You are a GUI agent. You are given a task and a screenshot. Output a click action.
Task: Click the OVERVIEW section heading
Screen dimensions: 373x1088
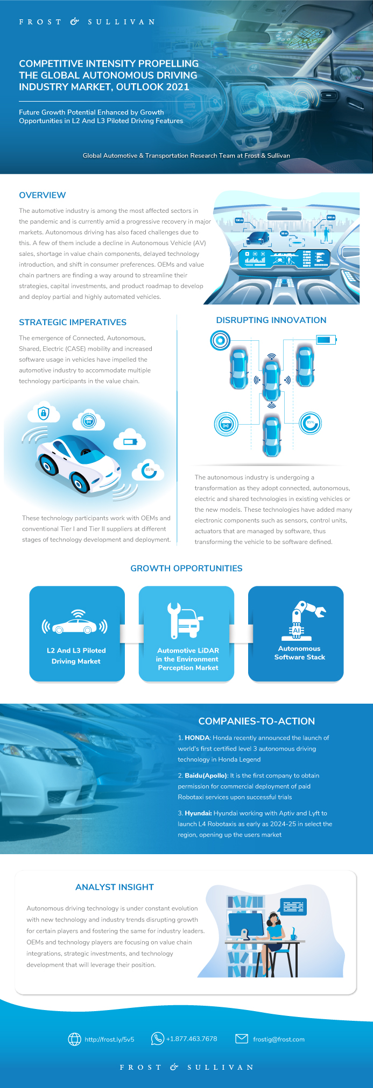coord(43,195)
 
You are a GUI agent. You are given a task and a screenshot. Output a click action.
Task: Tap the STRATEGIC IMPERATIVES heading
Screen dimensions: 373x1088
coord(73,323)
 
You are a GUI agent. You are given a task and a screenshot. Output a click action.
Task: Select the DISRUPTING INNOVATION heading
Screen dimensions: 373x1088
coord(271,320)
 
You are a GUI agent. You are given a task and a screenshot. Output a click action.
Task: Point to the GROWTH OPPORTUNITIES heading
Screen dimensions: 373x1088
coord(186,568)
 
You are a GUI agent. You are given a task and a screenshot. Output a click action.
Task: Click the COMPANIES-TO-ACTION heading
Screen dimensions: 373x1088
coord(256,721)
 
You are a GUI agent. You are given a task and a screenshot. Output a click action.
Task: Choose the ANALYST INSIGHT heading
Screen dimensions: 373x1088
coord(115,887)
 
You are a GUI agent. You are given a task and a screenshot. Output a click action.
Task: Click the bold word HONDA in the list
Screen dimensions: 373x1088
coord(197,738)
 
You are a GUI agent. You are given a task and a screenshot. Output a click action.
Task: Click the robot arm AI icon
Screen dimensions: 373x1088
coord(302,621)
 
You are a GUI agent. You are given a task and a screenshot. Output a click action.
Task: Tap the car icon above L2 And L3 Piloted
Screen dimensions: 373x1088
coord(75,624)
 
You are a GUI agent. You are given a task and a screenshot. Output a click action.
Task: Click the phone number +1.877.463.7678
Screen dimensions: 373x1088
coord(192,1039)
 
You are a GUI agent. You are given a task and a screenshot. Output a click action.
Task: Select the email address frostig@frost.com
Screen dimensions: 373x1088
coord(279,1039)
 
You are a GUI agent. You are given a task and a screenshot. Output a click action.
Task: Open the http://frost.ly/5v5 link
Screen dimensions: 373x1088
coord(109,1039)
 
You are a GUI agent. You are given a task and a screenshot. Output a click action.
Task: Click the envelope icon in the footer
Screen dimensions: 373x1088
coord(242,1039)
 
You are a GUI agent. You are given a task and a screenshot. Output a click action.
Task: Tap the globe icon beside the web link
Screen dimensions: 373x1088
coord(74,1039)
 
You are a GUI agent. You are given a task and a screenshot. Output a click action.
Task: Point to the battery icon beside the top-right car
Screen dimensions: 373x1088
coord(326,340)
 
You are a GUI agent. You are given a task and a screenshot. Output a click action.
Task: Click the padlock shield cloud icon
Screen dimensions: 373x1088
coord(44,413)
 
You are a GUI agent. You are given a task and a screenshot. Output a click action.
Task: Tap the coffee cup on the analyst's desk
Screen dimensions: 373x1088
coord(293,936)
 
